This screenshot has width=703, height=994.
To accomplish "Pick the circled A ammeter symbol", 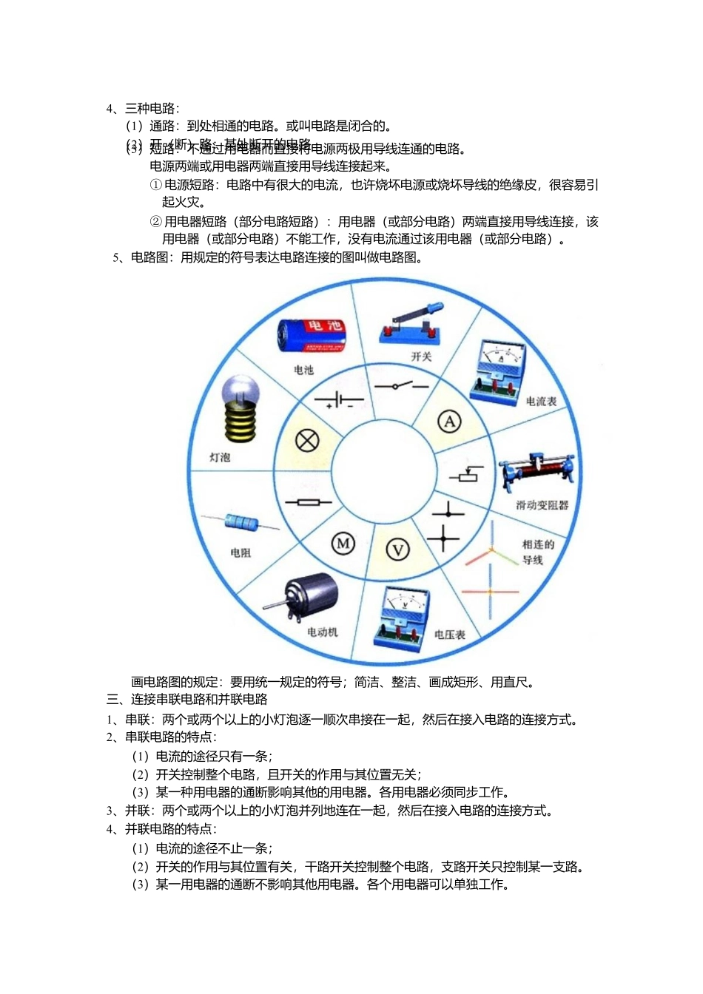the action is point(449,422).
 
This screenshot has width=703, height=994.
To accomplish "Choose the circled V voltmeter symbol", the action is point(398,550).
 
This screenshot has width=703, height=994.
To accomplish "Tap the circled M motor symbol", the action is point(343,544).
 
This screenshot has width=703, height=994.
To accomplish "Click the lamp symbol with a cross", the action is point(307,441).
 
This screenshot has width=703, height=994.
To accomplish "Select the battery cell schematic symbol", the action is point(339,401).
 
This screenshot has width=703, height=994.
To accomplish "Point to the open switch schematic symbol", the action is point(400,386).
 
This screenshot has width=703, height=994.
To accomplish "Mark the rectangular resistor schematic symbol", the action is point(308,503).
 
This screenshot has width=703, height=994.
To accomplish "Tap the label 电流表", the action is point(541,402).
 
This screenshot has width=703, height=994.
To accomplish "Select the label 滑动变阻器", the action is point(542,505).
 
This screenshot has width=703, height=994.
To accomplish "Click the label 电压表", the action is point(449,635).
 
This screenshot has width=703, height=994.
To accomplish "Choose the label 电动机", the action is point(323,632).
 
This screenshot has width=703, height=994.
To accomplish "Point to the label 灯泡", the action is point(220,458).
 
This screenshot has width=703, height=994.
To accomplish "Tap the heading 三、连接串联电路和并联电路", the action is point(187,700).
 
